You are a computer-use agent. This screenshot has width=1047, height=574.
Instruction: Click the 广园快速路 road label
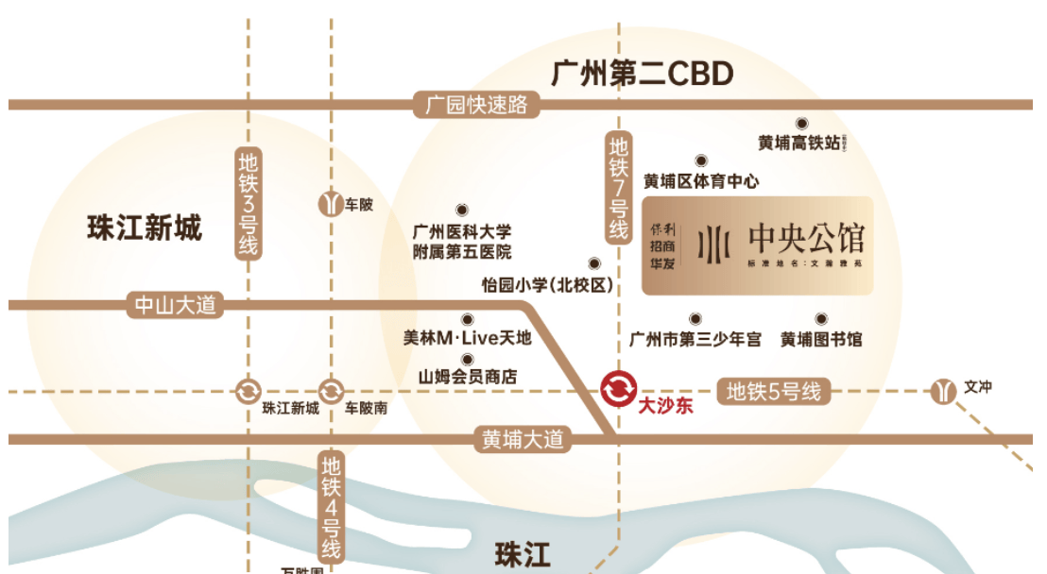pos(476,105)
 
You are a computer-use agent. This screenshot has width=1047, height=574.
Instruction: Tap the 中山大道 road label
pos(176,305)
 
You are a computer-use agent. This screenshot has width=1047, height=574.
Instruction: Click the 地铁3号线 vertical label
pos(249,204)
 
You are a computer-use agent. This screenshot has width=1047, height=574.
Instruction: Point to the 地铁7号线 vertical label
pos(618,188)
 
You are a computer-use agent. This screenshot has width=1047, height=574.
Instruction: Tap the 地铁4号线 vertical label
pos(331,506)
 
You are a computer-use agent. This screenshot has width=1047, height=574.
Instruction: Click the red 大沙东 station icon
pos(619,388)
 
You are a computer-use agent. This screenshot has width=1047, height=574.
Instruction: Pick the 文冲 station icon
pos(943,390)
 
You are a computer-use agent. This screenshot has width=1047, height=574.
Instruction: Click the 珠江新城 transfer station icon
pos(248,390)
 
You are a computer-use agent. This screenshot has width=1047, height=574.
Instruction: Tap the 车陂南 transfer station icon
pos(331,390)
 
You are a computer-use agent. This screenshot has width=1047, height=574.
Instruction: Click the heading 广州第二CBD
pos(643,73)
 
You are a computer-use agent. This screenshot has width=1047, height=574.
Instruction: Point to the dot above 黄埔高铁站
pos(801,123)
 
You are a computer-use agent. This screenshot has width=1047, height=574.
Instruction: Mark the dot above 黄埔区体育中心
pos(701,160)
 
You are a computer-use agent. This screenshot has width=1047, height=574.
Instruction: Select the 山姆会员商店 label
pos(468,377)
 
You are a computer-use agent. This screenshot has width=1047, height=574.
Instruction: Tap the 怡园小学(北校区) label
pos(548,285)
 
